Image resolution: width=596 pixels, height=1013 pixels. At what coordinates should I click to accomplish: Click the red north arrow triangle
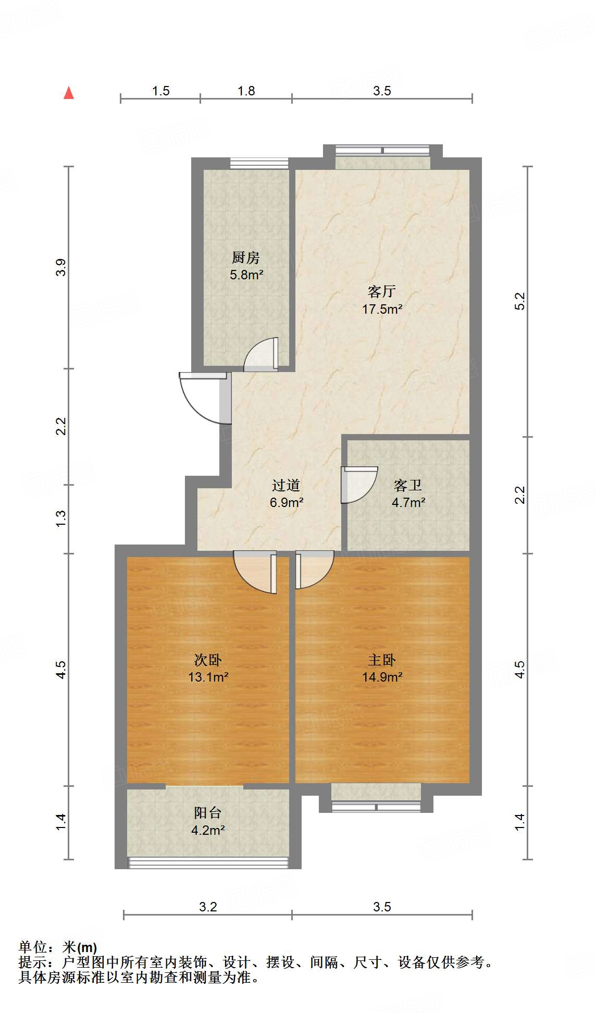[x=68, y=93]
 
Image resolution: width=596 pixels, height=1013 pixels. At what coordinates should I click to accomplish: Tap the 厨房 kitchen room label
[x=245, y=257]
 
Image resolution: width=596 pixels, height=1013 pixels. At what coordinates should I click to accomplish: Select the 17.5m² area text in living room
[x=382, y=309]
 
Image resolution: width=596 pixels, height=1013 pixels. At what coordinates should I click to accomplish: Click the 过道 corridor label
[x=286, y=486]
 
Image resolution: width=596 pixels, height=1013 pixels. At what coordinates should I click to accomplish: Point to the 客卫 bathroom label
[x=408, y=486]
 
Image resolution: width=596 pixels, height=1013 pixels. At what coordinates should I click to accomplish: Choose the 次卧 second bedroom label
[x=208, y=660]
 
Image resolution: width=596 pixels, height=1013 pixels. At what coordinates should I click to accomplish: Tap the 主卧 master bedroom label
[x=382, y=660]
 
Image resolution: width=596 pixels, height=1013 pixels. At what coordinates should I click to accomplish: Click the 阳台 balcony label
[x=208, y=813]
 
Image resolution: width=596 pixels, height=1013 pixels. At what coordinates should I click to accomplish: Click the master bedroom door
[x=314, y=569]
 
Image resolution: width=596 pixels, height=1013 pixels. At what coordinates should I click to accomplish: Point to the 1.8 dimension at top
[x=246, y=91]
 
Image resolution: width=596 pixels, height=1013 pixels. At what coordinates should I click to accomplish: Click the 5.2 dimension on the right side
[x=520, y=302]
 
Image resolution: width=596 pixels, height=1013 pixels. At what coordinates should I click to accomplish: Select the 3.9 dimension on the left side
[x=61, y=267]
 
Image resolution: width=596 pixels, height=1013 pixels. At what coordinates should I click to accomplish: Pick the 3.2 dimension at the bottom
[x=208, y=907]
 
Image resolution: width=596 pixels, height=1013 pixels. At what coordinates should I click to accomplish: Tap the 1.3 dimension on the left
[x=61, y=518]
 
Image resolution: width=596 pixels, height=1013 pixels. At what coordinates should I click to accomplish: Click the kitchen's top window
[x=259, y=163]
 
